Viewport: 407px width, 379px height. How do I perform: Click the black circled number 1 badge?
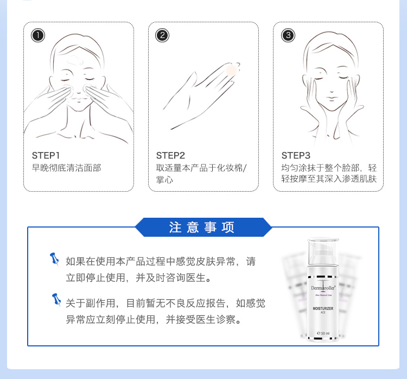(x=38, y=35)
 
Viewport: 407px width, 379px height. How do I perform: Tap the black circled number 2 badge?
(x=162, y=35)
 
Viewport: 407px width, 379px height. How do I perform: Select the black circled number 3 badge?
(x=288, y=35)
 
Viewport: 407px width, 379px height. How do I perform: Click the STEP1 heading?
(x=46, y=155)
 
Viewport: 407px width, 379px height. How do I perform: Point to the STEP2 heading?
(x=170, y=155)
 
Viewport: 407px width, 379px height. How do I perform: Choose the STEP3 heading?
(x=296, y=155)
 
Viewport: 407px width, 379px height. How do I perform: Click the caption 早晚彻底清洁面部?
(x=66, y=168)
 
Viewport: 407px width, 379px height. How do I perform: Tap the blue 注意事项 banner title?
(x=202, y=228)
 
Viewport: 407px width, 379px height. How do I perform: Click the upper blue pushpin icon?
(x=54, y=259)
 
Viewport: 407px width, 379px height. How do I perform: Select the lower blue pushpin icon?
(x=56, y=300)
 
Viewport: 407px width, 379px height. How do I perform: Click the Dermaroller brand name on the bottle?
(x=323, y=288)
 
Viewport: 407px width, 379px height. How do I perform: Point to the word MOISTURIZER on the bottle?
(x=323, y=308)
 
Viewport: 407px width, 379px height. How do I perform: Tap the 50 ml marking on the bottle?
(x=323, y=333)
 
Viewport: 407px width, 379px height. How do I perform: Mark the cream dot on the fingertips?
(x=231, y=70)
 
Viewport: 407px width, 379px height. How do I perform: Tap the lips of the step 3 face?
(x=331, y=99)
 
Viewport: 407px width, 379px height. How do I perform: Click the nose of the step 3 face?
(x=331, y=90)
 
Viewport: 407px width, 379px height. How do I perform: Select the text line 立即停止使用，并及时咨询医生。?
(x=138, y=277)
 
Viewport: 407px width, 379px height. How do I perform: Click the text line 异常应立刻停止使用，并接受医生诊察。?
(x=154, y=319)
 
